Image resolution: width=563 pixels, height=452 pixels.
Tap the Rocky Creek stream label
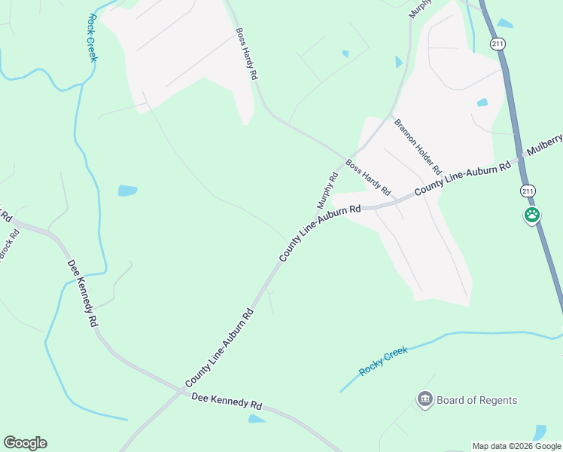point(383,361)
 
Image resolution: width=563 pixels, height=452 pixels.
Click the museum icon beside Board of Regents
point(425,399)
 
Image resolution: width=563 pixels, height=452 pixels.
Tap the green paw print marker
point(532,215)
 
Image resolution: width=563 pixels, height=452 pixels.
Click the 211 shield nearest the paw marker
point(528,191)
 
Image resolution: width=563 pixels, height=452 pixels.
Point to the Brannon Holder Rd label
point(417,146)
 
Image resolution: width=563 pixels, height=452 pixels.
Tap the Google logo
point(25,443)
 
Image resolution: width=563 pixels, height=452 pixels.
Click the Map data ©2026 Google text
point(516,446)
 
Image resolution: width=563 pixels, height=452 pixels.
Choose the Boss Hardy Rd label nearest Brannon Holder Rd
point(368,175)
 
